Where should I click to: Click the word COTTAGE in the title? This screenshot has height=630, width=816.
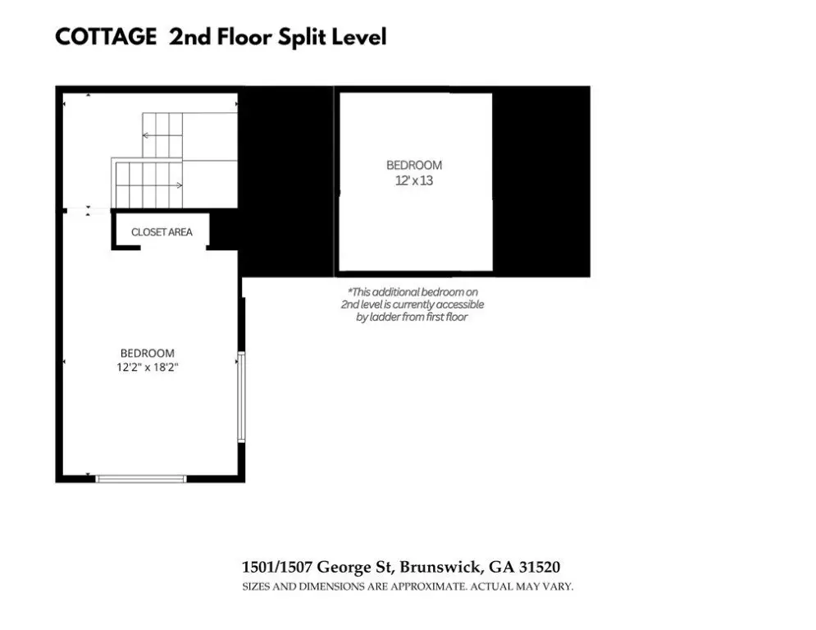click(106, 37)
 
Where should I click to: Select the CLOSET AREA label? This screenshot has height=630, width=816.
click(162, 232)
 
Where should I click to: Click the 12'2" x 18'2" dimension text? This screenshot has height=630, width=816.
click(148, 367)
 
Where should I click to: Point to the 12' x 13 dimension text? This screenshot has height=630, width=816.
click(414, 180)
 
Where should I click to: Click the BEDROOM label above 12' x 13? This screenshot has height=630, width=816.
click(414, 166)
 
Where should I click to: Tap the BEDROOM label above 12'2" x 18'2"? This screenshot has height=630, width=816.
click(148, 353)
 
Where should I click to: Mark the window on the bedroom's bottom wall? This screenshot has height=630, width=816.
click(141, 478)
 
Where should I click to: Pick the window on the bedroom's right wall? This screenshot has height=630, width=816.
click(241, 397)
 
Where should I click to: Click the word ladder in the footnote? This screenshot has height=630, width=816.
click(386, 317)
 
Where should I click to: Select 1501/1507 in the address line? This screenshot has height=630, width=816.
click(277, 567)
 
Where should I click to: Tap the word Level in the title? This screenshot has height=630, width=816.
click(359, 37)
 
